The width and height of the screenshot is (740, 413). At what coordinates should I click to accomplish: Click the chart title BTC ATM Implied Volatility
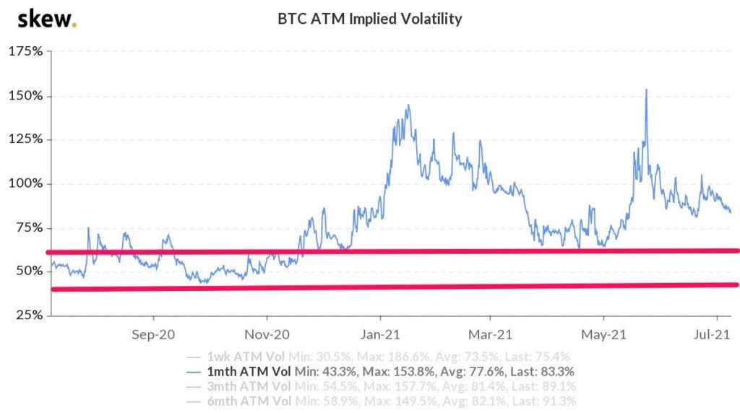(x=369, y=19)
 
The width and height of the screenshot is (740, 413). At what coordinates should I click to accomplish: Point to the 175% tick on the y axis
(x=26, y=52)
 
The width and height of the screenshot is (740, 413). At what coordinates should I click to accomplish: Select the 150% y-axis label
(x=26, y=96)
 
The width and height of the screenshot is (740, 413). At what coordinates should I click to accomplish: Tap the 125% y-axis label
(x=26, y=140)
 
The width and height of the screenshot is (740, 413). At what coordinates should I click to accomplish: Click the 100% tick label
(x=26, y=183)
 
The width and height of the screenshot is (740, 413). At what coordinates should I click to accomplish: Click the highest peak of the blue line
(x=645, y=90)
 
